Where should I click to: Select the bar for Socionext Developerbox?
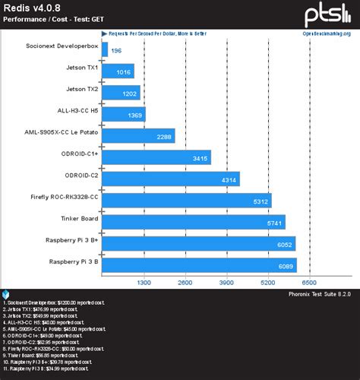pyautogui.click(x=104, y=50)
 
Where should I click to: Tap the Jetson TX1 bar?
pyautogui.click(x=117, y=71)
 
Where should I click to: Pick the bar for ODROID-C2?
pyautogui.click(x=170, y=179)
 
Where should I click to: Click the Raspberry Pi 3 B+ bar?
pyautogui.click(x=197, y=243)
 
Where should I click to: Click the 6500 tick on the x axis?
pyautogui.click(x=310, y=282)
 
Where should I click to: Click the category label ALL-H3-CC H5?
pyautogui.click(x=73, y=114)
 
